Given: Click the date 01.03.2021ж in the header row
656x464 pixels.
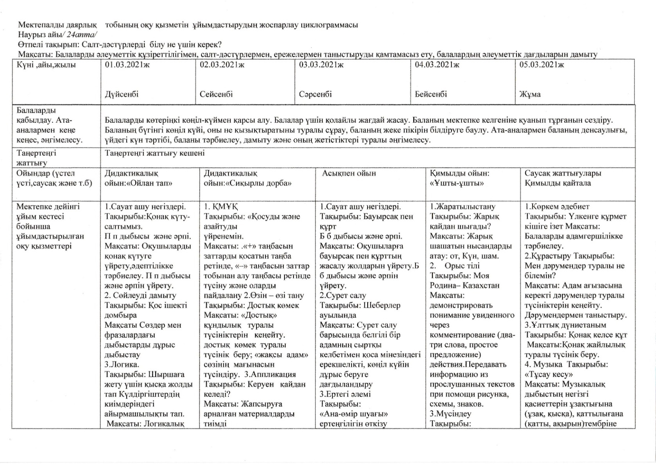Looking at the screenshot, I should click(127, 65).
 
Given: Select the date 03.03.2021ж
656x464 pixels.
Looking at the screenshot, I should click(321, 65).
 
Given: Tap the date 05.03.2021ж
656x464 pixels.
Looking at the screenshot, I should click(541, 65).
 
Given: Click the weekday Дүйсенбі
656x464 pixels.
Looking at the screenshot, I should click(122, 94).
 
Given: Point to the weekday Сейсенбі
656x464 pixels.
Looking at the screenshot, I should click(216, 94).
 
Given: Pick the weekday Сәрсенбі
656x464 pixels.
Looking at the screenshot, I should click(315, 94).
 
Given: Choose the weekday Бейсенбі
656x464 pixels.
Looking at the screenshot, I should click(431, 94).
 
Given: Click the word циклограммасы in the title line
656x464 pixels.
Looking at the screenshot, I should click(331, 25).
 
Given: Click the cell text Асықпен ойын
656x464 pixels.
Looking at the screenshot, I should click(349, 174).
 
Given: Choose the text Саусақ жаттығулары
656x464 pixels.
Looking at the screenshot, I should click(563, 174).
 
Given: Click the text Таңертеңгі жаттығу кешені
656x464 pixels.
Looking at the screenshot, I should click(155, 153).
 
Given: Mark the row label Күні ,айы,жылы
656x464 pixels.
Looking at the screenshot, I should click(46, 65).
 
